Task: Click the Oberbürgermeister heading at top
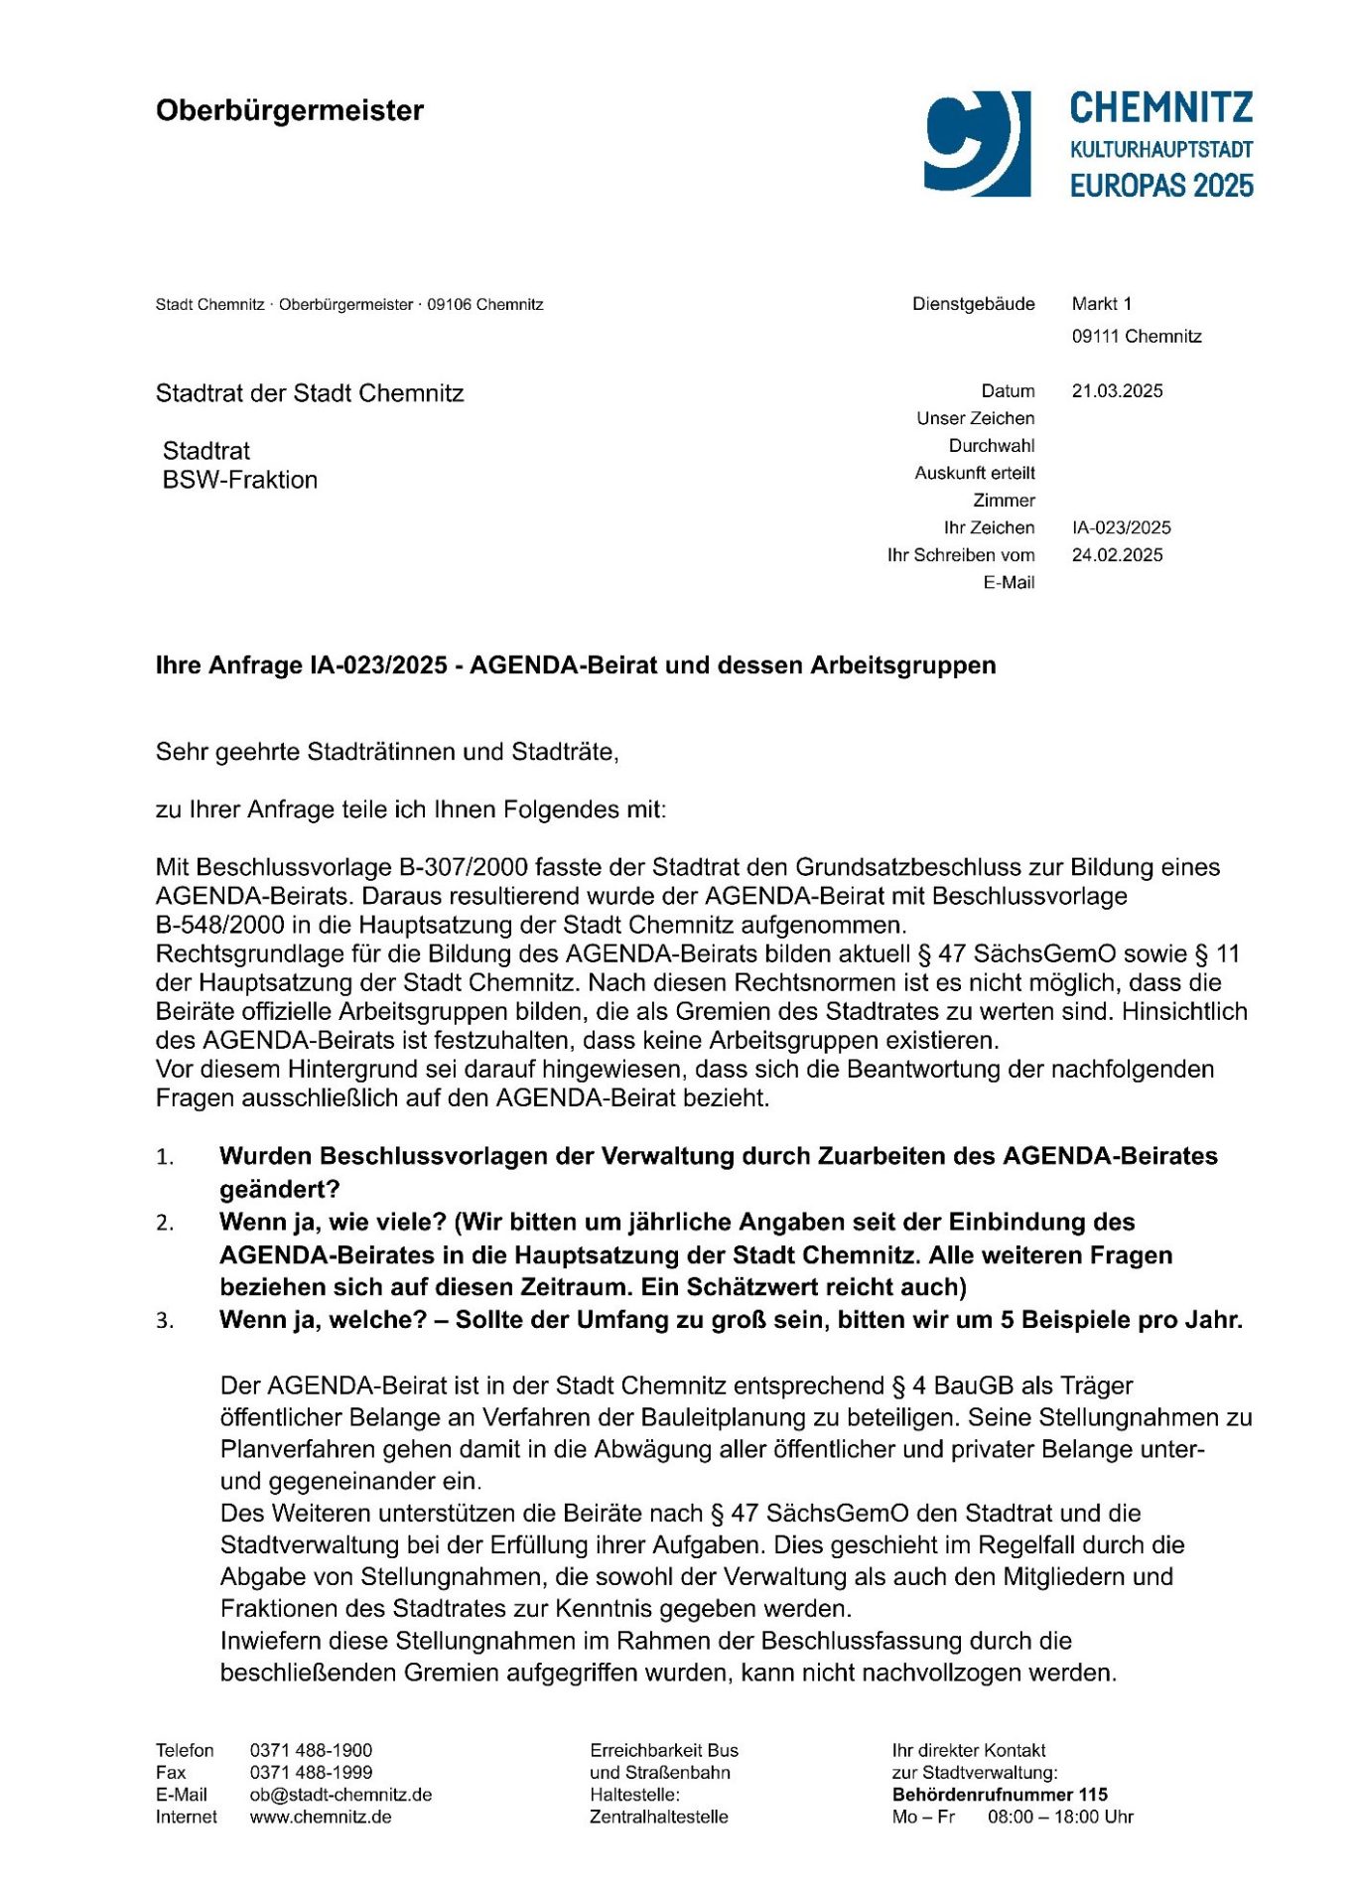pyautogui.click(x=289, y=110)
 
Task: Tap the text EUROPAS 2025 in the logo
pyautogui.click(x=1160, y=186)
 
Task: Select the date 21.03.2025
pyautogui.click(x=1117, y=391)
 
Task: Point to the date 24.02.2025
pyautogui.click(x=1117, y=555)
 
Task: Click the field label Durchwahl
pyautogui.click(x=991, y=446)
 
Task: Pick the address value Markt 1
pyautogui.click(x=1101, y=304)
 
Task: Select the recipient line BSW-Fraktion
pyautogui.click(x=240, y=481)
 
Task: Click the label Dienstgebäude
pyautogui.click(x=973, y=304)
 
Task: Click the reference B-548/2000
pyautogui.click(x=213, y=926)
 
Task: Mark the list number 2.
pyautogui.click(x=165, y=1224)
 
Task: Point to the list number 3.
pyautogui.click(x=165, y=1321)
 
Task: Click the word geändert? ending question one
pyautogui.click(x=279, y=1190)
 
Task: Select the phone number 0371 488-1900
pyautogui.click(x=311, y=1751)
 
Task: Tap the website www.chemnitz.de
pyautogui.click(x=321, y=1818)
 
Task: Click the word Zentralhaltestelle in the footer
pyautogui.click(x=658, y=1818)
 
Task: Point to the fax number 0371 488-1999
pyautogui.click(x=311, y=1773)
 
